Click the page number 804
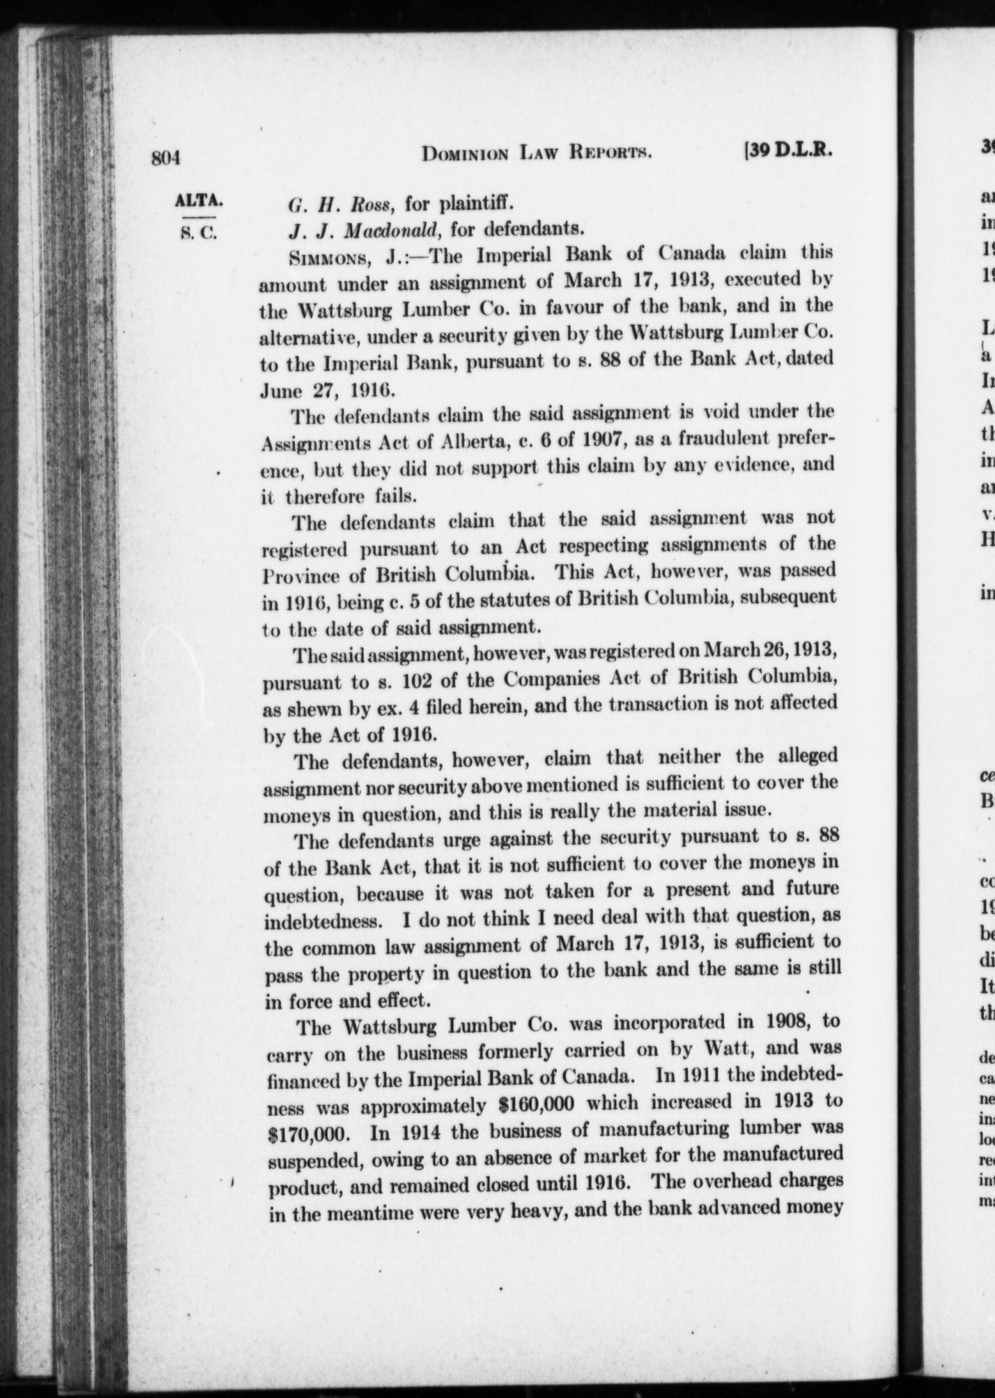[167, 158]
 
